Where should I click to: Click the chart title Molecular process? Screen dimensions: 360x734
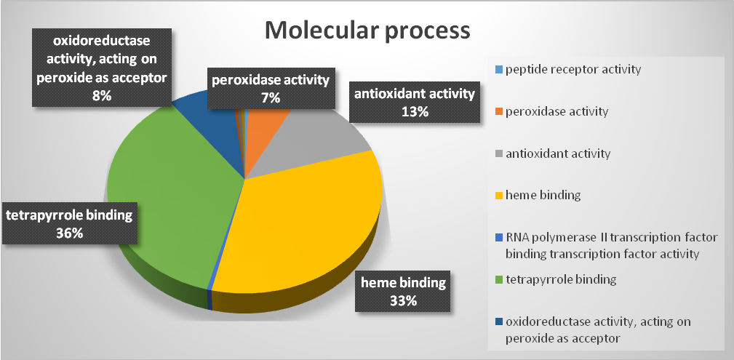(x=367, y=31)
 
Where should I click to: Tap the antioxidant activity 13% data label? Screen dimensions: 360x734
(x=414, y=102)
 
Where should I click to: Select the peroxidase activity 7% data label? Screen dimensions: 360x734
(x=270, y=88)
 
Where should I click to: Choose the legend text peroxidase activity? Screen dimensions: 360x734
(x=557, y=112)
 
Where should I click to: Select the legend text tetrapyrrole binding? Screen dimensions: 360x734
(x=560, y=279)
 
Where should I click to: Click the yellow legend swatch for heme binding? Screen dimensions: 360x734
(x=498, y=196)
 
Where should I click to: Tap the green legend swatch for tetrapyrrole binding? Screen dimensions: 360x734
(x=498, y=280)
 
